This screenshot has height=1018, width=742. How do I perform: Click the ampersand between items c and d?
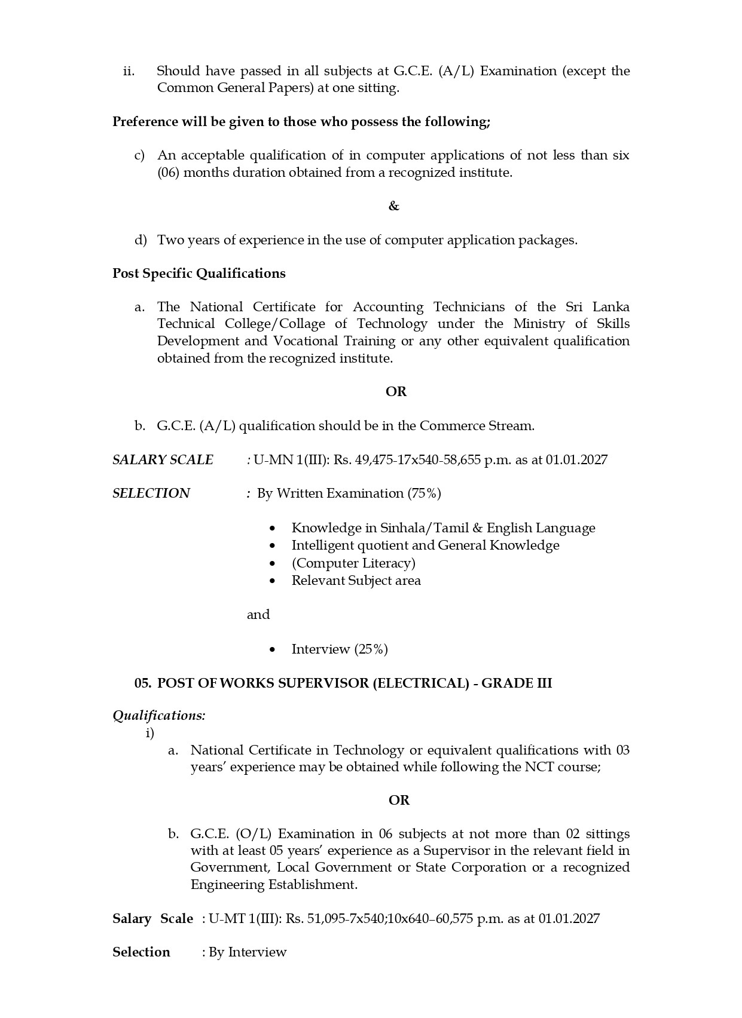click(393, 206)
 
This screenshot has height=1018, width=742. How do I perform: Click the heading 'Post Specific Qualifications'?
click(199, 274)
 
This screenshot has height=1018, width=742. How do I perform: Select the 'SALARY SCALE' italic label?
click(163, 460)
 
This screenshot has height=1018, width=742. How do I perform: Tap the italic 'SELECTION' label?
click(151, 493)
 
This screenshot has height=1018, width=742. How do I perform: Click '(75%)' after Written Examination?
click(424, 493)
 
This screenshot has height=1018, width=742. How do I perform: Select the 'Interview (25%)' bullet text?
click(340, 649)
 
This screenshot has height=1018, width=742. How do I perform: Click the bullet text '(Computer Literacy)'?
click(353, 563)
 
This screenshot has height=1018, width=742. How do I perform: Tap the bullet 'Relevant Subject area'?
click(356, 581)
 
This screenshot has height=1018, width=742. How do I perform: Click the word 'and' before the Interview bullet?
click(258, 615)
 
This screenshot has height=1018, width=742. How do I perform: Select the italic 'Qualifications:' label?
click(159, 716)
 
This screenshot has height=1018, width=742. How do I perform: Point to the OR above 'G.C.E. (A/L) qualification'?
click(396, 392)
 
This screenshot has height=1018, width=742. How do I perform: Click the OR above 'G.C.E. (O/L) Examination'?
click(399, 801)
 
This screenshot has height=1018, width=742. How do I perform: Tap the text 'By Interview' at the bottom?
click(248, 952)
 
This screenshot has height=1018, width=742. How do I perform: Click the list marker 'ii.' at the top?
click(129, 71)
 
